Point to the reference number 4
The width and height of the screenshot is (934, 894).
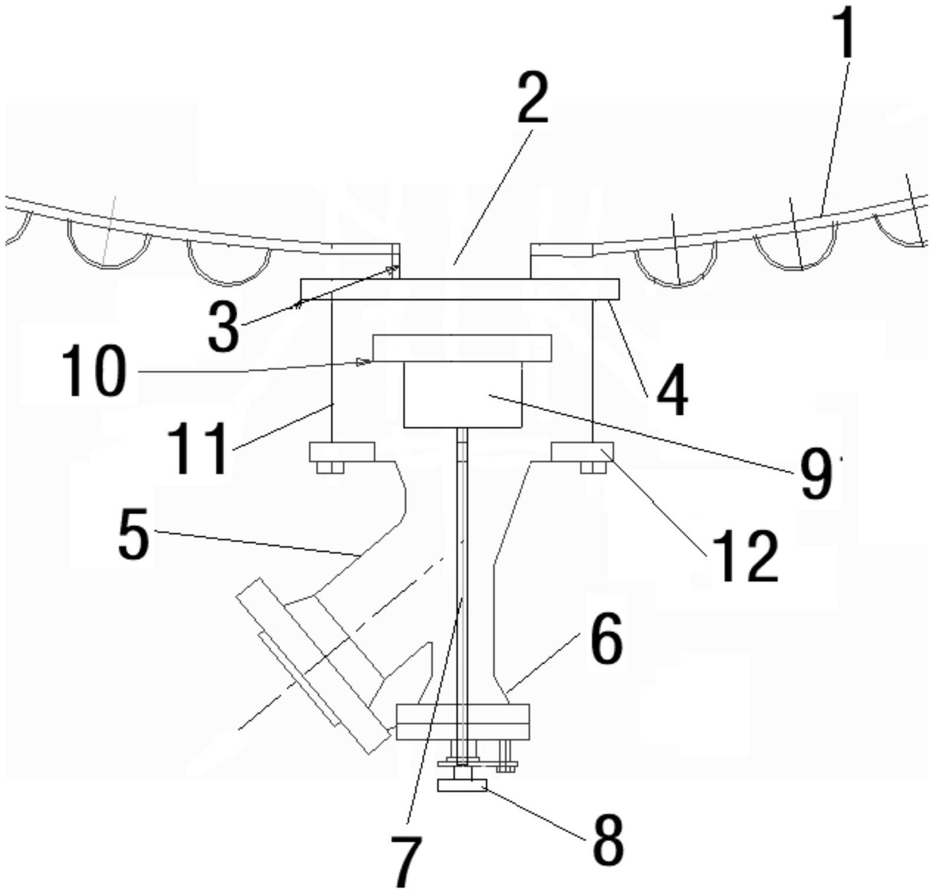pos(672,390)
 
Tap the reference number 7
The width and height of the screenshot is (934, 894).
pos(407,862)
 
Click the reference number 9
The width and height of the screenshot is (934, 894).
pos(815,476)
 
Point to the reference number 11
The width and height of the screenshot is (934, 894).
pos(197,449)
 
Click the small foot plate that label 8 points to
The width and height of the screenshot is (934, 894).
pos(461,786)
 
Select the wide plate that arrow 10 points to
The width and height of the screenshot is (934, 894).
pos(462,348)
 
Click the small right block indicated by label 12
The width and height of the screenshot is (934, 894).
pos(581,451)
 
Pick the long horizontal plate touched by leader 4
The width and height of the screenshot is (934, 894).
pos(460,289)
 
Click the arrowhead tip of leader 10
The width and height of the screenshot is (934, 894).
pos(370,361)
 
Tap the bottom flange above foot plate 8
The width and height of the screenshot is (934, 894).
pos(463,721)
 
